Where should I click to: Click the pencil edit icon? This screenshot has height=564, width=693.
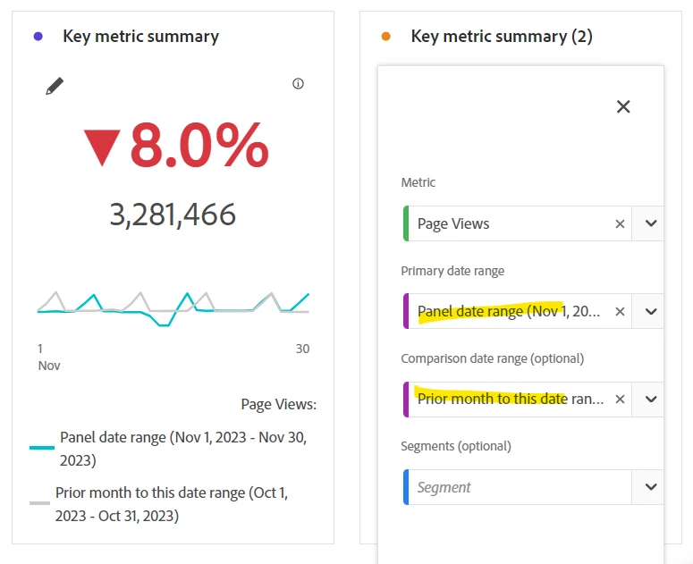[55, 86]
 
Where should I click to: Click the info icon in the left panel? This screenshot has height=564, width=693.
[299, 84]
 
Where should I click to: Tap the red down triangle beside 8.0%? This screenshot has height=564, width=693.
[101, 147]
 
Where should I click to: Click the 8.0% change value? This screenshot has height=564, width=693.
[199, 146]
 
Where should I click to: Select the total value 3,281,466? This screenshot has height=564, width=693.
[173, 215]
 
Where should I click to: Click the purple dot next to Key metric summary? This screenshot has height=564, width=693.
[38, 37]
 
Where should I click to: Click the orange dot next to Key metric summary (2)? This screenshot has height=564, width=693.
[385, 37]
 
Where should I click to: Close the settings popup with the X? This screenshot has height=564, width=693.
[623, 106]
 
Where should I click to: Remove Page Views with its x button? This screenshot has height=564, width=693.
[620, 223]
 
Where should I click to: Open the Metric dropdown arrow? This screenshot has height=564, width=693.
[651, 223]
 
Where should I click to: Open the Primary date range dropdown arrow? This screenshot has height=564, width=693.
[651, 311]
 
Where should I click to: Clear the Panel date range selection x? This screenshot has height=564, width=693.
[620, 311]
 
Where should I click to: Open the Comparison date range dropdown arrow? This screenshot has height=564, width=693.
[651, 399]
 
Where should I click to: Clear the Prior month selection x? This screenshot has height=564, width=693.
[620, 399]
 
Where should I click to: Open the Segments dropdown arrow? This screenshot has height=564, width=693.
[651, 487]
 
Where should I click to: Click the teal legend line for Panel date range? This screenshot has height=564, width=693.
[41, 447]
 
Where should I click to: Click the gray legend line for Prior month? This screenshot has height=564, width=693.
[39, 503]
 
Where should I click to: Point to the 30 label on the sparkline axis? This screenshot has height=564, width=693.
[302, 349]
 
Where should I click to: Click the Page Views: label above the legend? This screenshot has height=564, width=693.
[278, 404]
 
